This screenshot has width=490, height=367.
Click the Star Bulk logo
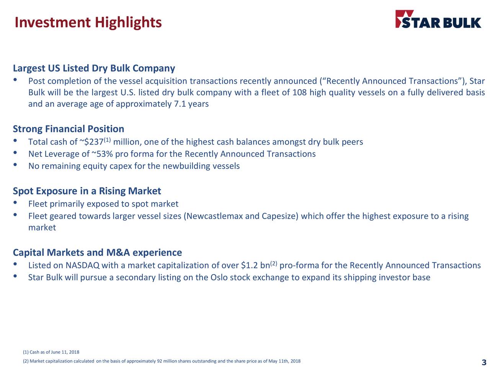pos(438,19)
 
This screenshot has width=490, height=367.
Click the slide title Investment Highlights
pos(88,22)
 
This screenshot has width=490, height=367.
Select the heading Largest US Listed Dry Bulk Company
pos(94,68)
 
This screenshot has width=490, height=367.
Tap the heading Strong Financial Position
pos(69,129)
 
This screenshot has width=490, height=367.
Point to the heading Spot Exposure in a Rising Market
pos(87,191)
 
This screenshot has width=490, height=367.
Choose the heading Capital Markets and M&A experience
pos(97,253)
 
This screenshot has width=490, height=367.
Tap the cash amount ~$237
pos(91,142)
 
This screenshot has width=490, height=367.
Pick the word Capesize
pos(279,216)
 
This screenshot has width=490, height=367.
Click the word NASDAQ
pos(83,266)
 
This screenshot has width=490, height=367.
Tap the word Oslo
pos(219,278)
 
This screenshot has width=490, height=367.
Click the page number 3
pos(484,363)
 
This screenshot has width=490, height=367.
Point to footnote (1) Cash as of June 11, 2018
pos(51,352)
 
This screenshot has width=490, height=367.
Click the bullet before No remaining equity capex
pos(15,165)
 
